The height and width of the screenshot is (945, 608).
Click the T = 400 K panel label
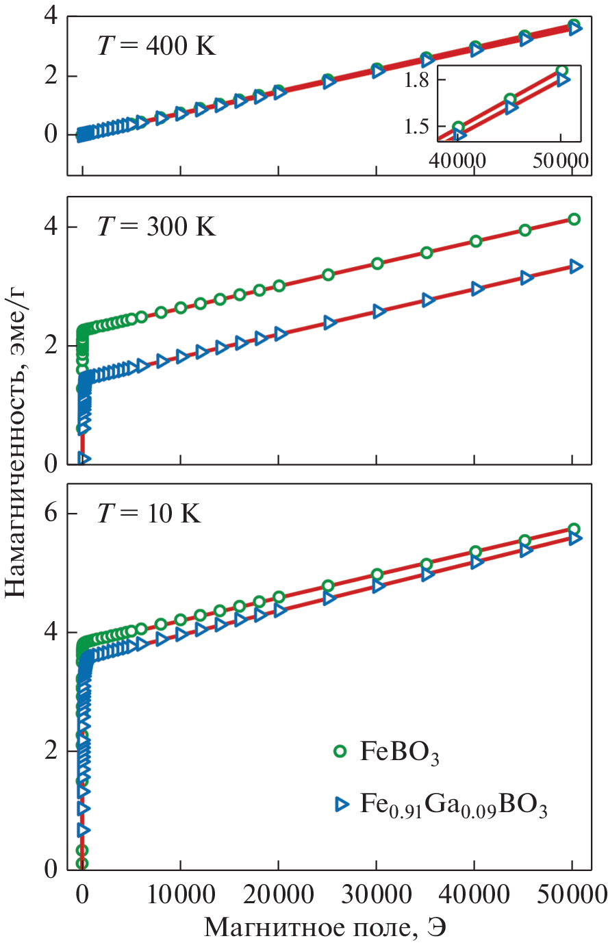[x=156, y=47]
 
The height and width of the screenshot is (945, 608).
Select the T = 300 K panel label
[x=156, y=226]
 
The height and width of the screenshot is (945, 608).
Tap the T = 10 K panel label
[x=149, y=513]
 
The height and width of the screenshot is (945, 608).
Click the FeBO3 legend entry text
[x=400, y=753]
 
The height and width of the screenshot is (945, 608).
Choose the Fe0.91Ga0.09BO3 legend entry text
[x=453, y=805]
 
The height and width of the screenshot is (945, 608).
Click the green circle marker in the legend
[x=340, y=752]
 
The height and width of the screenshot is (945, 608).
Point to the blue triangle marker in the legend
[x=342, y=804]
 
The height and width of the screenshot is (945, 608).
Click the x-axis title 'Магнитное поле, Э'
[x=325, y=928]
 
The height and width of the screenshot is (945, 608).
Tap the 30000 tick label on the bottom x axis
[x=377, y=895]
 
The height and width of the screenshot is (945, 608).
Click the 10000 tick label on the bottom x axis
[x=180, y=895]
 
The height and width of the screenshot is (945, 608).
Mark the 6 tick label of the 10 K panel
[x=51, y=514]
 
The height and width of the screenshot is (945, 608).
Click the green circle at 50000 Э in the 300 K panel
[x=574, y=219]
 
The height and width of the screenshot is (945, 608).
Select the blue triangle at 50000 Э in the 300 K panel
[x=576, y=266]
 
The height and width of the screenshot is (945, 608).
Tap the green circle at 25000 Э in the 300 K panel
[x=328, y=275]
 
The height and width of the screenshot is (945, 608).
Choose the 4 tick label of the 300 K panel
[x=51, y=227]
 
